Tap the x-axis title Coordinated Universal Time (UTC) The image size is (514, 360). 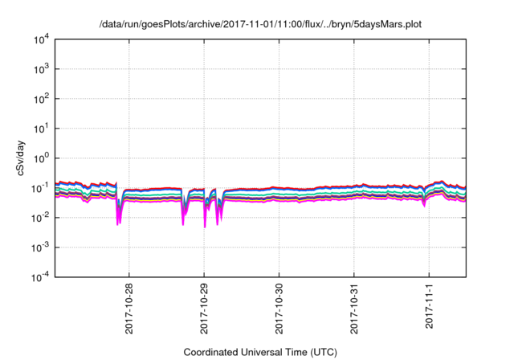[x=259, y=352]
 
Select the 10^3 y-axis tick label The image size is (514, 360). [x=41, y=69]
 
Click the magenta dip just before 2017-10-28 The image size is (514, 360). [x=119, y=217]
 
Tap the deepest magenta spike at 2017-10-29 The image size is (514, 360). [x=205, y=223]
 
